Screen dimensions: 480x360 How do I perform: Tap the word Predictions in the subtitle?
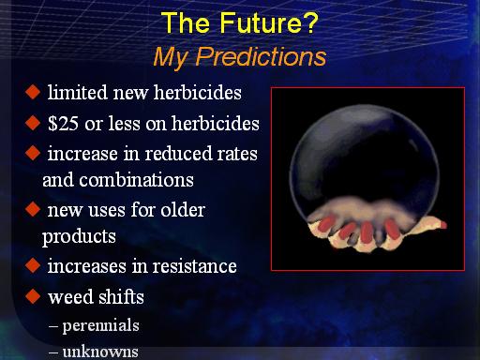coord(261,57)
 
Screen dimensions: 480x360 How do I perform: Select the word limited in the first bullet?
coord(78,93)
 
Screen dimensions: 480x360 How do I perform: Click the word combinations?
coord(136,180)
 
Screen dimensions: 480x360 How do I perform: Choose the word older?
coord(183,209)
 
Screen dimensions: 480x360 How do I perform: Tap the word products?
coord(79,236)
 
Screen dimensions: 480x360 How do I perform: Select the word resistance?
coord(194,266)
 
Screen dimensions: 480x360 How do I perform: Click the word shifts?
coord(121,296)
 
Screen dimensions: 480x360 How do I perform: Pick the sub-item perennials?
coord(100,325)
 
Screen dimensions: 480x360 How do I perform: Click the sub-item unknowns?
coord(100,352)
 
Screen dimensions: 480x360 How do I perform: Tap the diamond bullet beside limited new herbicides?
coord(33,92)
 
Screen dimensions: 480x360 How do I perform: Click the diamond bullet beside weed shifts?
coord(33,296)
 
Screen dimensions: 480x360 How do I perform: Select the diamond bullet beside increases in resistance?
coord(33,265)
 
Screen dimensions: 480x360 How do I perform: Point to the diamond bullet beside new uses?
coord(33,209)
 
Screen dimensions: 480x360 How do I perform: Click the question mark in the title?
coord(309,22)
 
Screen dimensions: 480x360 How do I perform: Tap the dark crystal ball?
coord(364,159)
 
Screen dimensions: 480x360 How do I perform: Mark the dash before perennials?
coord(53,326)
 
